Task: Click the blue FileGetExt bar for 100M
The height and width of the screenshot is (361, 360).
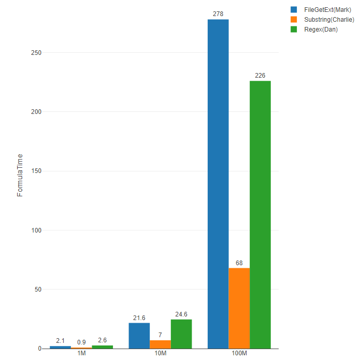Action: point(218,184)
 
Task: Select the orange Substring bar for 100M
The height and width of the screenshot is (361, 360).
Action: point(239,308)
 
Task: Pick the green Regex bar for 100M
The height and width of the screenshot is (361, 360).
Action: point(260,214)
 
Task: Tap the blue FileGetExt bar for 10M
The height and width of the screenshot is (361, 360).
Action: point(139,336)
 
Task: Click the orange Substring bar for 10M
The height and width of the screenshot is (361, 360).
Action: point(160,344)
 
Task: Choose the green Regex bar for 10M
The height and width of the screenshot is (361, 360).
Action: point(181,334)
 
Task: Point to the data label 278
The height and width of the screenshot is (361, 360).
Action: point(218,14)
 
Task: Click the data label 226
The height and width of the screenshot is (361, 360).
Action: point(260,76)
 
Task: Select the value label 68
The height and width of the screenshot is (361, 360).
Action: point(239,263)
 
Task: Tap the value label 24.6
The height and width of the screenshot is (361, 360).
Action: point(181,314)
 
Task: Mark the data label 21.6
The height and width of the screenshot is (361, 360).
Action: point(139,317)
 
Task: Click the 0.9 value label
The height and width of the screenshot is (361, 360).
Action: point(81,342)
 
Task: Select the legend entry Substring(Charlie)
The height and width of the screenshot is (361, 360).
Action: point(329,20)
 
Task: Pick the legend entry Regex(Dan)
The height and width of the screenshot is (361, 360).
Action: point(321,30)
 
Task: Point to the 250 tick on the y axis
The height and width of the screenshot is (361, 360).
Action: point(36,53)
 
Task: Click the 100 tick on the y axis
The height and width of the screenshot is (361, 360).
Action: point(36,230)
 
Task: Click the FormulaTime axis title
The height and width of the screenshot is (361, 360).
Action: point(20,175)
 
